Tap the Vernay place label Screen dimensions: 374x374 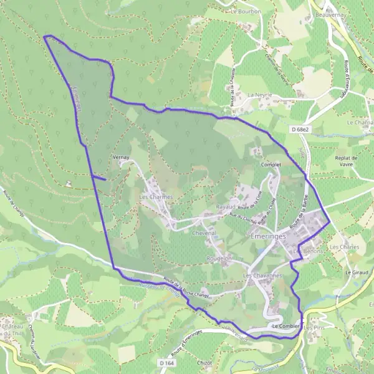[x=121, y=158]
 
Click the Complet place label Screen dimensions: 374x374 [x=272, y=165]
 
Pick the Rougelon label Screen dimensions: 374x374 [x=219, y=257]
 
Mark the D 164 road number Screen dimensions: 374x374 [x=165, y=362]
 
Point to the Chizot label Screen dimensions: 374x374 [x=204, y=362]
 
